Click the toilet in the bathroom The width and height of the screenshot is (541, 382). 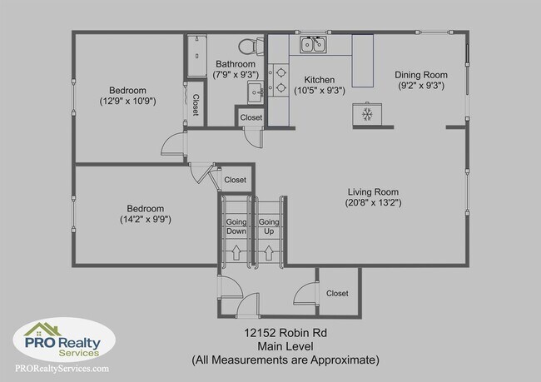[x=249, y=47]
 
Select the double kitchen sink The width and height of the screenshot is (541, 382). [x=313, y=45]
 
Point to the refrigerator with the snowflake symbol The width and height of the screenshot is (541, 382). [x=365, y=113]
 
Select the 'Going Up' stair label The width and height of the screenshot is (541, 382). [x=268, y=228]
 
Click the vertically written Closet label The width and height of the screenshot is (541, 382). [x=196, y=105]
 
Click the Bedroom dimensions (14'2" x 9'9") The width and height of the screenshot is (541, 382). [x=145, y=220]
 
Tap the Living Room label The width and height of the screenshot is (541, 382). [x=374, y=191]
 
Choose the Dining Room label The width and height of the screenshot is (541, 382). [x=421, y=73]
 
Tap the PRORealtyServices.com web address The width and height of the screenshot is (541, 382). [x=61, y=367]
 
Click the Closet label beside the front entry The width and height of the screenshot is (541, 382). [x=337, y=293]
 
